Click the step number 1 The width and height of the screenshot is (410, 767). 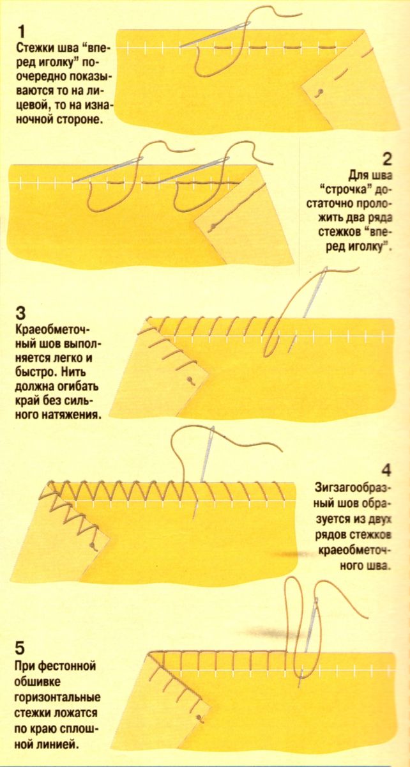22,32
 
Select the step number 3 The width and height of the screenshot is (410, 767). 21,314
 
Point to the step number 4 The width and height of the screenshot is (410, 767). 386,470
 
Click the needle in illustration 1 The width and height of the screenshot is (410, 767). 215,35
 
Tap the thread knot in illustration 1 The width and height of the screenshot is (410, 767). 320,92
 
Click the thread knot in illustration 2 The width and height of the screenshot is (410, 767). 213,226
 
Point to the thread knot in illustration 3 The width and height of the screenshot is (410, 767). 188,379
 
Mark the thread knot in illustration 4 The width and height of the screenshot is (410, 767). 92,545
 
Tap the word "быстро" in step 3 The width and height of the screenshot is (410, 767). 34,372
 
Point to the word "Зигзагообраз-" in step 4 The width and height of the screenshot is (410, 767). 354,488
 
